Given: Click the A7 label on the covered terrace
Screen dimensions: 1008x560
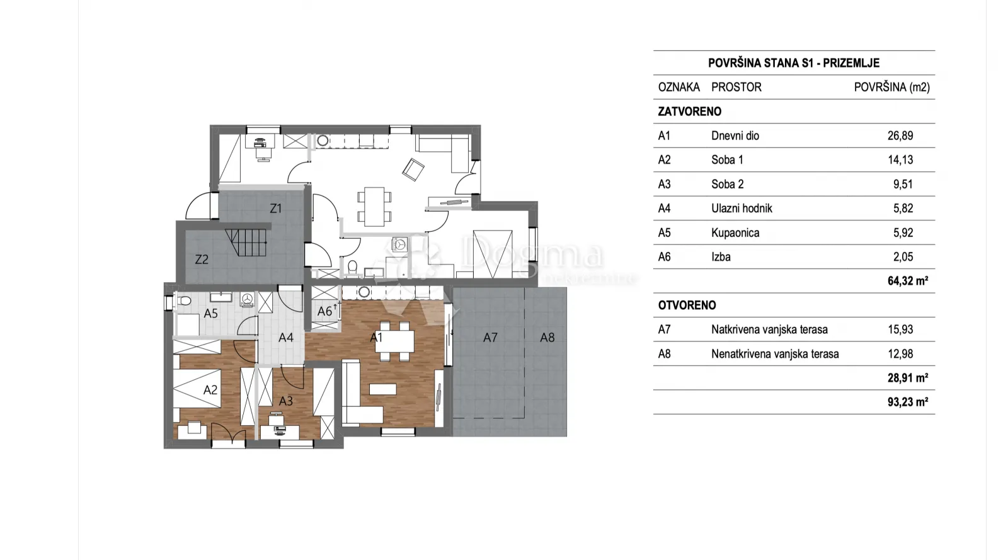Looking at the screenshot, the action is [x=490, y=338].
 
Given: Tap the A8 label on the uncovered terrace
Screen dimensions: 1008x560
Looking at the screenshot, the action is [x=547, y=338].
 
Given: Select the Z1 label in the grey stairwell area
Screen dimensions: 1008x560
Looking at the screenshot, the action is [x=275, y=209].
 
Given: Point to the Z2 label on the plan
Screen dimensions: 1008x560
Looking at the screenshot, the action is [x=202, y=260].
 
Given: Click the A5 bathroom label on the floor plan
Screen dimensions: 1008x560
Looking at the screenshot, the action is [x=210, y=314].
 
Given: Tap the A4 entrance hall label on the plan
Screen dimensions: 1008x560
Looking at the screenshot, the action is [x=286, y=338].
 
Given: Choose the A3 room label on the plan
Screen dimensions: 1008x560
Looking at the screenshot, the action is [x=286, y=401].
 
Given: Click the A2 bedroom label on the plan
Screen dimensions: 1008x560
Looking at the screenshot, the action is [x=210, y=389].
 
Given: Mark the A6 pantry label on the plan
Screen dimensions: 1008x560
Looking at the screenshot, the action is [x=324, y=311].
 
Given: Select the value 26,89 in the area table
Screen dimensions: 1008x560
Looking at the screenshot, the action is [x=900, y=136].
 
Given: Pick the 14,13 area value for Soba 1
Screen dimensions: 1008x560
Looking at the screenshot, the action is [x=900, y=159].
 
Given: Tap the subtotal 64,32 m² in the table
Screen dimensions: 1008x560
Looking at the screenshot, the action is [x=908, y=281].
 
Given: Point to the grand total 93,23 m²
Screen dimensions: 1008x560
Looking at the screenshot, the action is [x=908, y=402].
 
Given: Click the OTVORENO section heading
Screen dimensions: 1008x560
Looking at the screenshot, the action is [x=687, y=306].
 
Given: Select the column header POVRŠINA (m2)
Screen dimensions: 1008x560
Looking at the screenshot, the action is [x=892, y=88].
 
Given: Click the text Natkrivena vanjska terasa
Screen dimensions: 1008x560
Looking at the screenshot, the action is [x=769, y=329].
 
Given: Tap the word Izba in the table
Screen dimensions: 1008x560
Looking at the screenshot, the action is [x=721, y=257].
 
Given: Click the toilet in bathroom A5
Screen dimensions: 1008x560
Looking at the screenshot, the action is [x=183, y=300].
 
